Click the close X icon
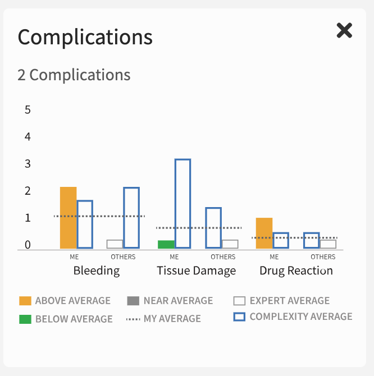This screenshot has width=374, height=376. click(344, 30)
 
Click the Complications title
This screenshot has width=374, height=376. click(85, 37)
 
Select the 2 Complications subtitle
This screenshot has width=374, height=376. click(74, 75)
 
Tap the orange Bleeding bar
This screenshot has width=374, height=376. click(68, 218)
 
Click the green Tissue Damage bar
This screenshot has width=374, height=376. click(166, 244)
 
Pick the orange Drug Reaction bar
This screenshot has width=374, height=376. click(264, 233)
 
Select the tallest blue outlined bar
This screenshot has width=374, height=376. click(183, 204)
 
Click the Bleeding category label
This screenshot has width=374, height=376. click(97, 270)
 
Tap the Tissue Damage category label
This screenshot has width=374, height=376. click(197, 270)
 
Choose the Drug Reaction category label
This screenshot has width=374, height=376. click(296, 270)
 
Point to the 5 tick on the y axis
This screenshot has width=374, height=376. click(28, 109)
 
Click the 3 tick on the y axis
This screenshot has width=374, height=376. click(28, 164)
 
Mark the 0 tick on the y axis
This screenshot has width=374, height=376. click(28, 245)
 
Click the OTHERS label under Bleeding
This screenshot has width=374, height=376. click(123, 257)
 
